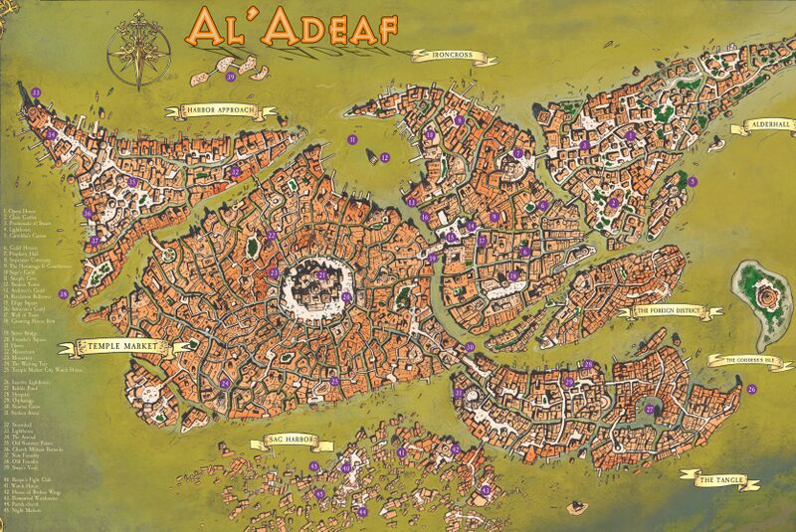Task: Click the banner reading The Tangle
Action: tap(717, 480)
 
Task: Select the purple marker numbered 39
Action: tap(231, 76)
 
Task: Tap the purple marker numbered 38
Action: tap(63, 293)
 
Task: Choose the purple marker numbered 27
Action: tap(648, 408)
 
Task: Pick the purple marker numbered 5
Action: tap(692, 182)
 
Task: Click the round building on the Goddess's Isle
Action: tap(767, 295)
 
